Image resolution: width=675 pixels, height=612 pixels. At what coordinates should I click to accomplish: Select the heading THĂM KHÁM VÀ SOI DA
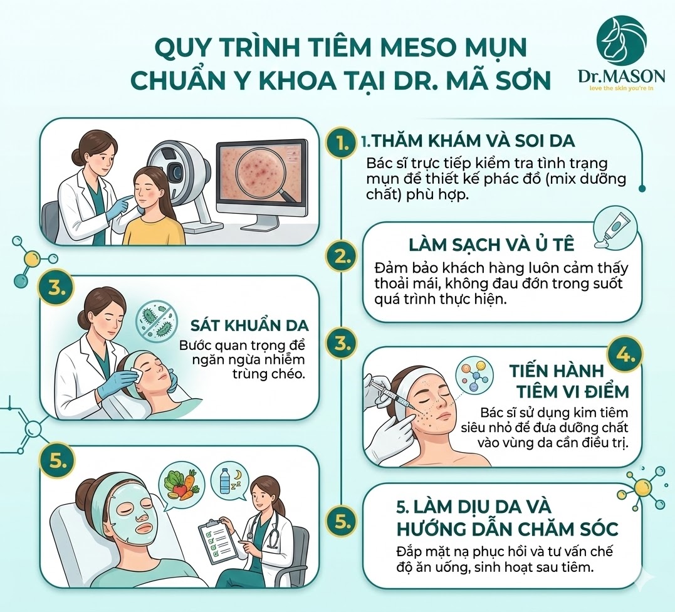473,141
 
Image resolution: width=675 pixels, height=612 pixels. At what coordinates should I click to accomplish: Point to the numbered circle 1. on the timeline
343,142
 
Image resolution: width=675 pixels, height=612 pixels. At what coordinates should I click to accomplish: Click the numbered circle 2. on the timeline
343,257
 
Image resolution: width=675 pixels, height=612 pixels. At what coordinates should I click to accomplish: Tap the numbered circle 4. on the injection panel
624,356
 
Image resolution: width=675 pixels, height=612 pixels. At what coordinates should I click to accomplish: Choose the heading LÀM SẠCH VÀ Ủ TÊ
491,245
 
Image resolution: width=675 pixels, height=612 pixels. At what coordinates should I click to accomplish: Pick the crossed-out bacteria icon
156,319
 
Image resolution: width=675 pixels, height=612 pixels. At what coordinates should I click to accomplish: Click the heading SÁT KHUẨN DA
250,325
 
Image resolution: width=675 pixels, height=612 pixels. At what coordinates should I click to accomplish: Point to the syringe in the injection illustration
387,392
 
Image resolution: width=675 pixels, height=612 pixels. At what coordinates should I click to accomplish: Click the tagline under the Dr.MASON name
622,89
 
